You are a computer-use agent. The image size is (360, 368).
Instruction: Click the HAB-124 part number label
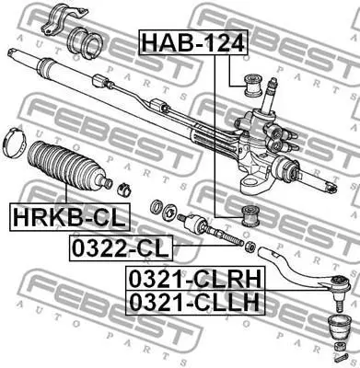193,42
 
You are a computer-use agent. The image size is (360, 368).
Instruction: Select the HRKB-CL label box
70,217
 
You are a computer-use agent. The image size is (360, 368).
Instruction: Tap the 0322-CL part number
121,247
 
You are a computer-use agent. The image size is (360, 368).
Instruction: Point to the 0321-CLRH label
195,278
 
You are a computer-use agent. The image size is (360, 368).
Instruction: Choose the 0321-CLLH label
195,302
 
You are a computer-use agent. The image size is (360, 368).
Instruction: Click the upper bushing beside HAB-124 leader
252,85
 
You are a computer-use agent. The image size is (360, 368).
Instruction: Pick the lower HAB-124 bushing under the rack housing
250,215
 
